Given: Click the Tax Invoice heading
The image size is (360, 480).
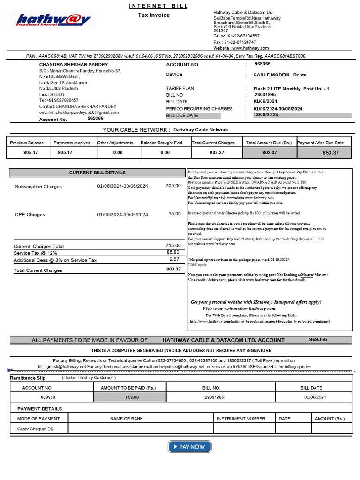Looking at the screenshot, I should pos(154,15).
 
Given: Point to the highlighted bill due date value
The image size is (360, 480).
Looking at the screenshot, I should pos(266,115).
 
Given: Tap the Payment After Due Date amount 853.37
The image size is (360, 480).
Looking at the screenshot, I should pos(330,153).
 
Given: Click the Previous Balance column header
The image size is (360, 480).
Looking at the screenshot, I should pos(27,142).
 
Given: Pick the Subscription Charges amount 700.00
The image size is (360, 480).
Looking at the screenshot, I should pos(173,186).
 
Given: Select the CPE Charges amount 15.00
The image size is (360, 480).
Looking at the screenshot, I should pos(174,214).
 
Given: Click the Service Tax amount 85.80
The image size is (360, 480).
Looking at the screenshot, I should pos(173,252).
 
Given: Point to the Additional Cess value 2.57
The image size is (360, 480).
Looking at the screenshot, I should pos(174,259).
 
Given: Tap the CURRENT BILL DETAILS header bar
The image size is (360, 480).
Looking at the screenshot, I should pos(97,172).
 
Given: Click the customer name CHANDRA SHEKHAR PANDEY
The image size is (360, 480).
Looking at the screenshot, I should pos(74,65).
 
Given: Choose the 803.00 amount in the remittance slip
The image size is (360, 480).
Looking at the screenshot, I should pos(132,397).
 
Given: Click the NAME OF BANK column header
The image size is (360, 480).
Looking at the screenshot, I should pos(127,419).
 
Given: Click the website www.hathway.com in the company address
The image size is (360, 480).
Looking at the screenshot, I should pos(250,48).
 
